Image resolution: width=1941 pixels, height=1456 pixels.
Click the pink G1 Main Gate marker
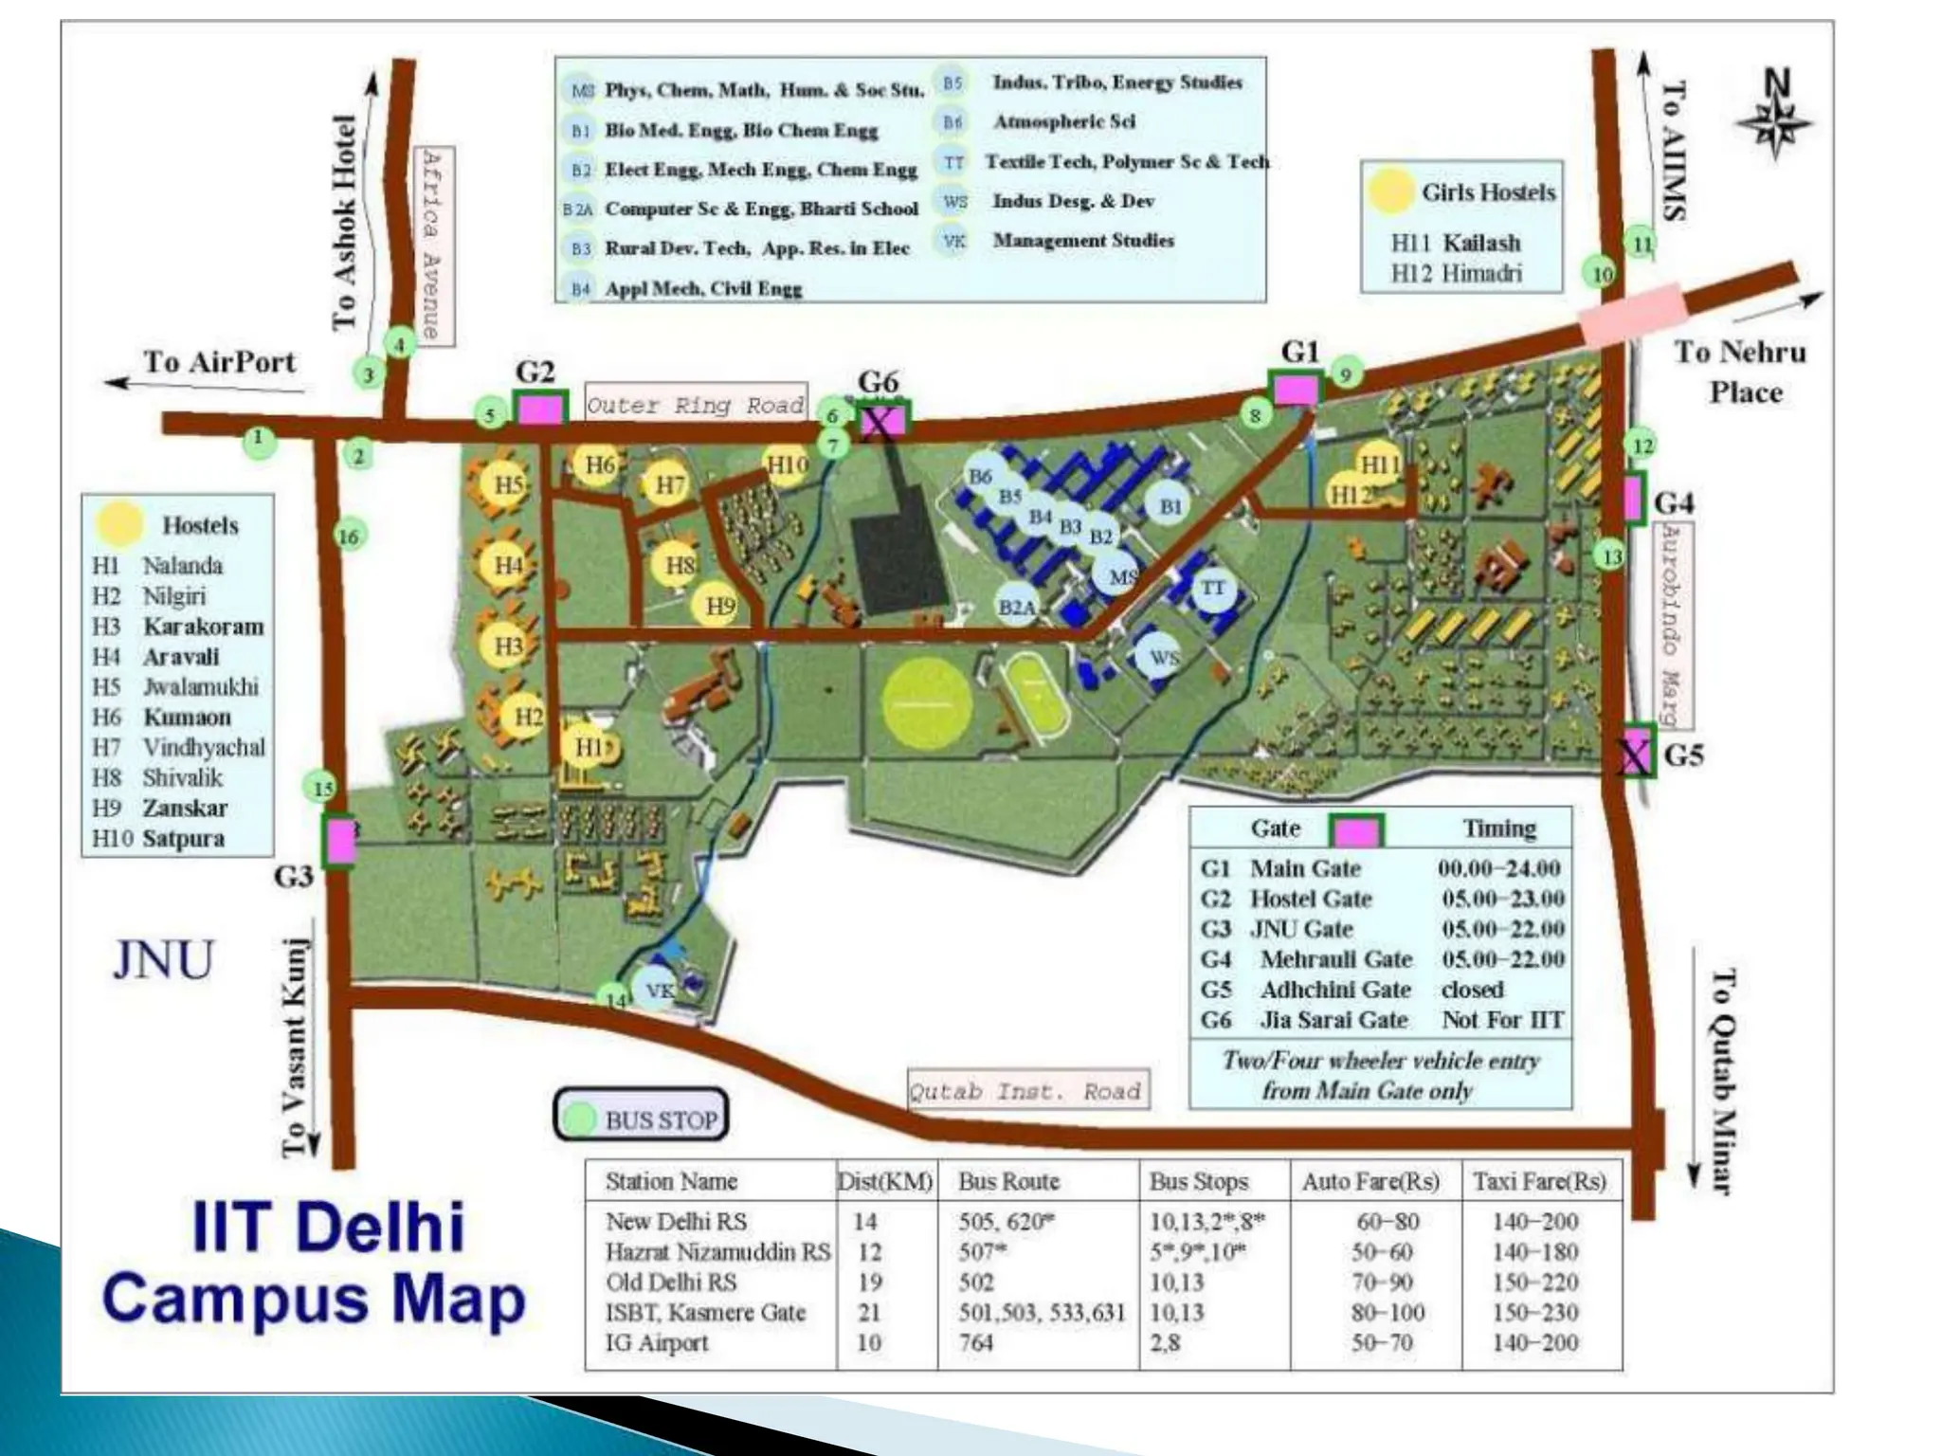click(x=1295, y=389)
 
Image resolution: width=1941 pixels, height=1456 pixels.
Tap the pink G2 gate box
click(x=539, y=409)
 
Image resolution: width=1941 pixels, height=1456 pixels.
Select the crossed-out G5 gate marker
click(x=1634, y=754)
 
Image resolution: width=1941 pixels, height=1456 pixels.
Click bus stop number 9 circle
click(x=1345, y=373)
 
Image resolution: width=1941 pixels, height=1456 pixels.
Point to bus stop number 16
click(x=349, y=537)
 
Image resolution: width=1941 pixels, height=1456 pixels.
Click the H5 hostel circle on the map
click(x=508, y=483)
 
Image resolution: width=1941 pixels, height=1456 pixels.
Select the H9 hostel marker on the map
click(x=720, y=606)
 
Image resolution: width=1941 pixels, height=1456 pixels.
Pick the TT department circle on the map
click(x=1212, y=588)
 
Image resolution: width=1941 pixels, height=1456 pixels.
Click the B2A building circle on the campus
click(x=1016, y=607)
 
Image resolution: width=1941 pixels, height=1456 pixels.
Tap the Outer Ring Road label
click(x=695, y=406)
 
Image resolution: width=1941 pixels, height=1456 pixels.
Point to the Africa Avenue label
click(x=434, y=245)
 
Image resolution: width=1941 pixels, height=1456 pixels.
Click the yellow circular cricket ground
click(x=926, y=702)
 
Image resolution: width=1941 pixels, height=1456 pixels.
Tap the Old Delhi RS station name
click(x=671, y=1283)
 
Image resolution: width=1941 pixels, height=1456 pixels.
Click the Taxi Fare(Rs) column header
click(x=1539, y=1181)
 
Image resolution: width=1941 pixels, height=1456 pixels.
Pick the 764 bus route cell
click(x=975, y=1343)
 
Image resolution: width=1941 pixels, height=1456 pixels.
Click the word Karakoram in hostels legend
click(x=203, y=627)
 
